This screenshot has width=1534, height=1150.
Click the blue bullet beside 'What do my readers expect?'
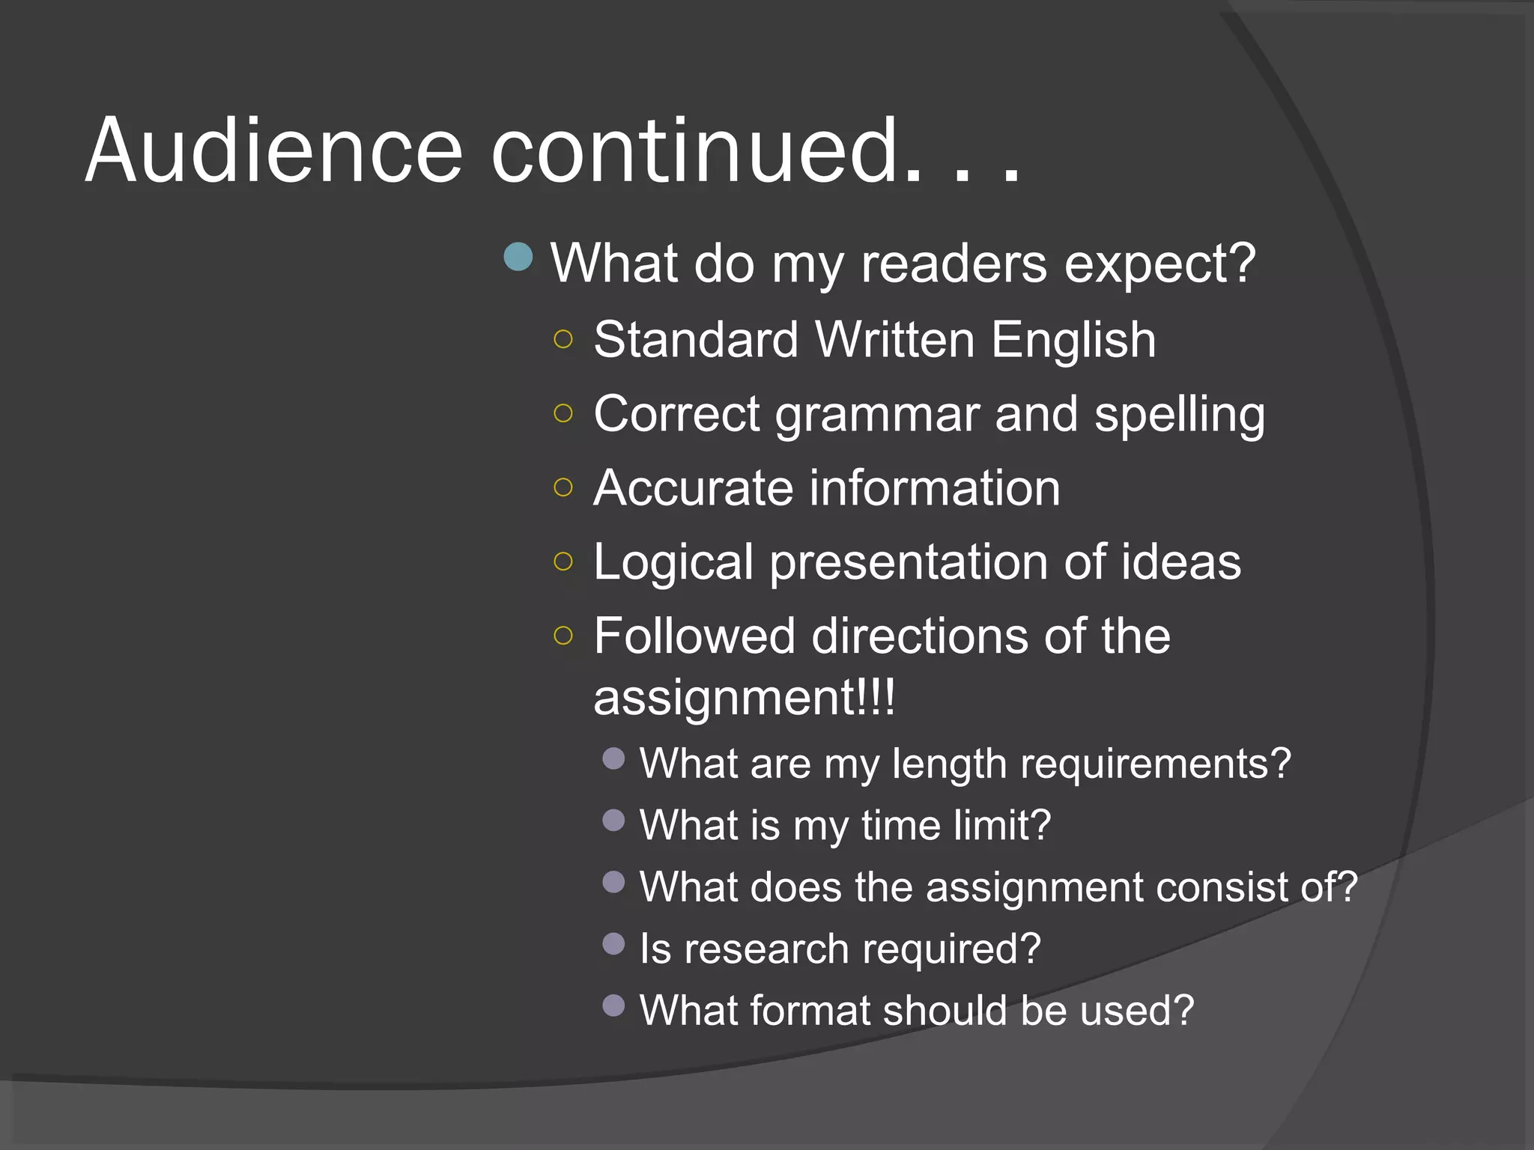tap(518, 257)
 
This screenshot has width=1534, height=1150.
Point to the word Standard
tap(696, 340)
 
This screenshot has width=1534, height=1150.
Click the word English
tap(1073, 341)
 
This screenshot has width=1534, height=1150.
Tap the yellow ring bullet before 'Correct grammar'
tap(563, 413)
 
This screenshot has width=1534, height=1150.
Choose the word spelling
tap(1180, 416)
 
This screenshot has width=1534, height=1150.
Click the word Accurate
tap(693, 488)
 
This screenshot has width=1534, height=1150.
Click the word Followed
tap(694, 636)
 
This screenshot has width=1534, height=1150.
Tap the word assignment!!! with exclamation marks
tap(744, 698)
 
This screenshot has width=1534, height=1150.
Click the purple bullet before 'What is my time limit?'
tap(613, 821)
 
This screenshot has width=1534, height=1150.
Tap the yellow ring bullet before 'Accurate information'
tap(563, 488)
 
